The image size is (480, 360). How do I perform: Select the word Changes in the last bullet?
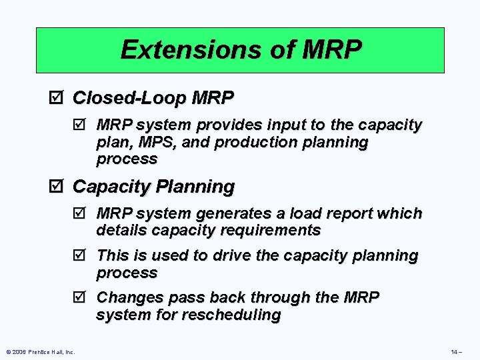click(x=125, y=297)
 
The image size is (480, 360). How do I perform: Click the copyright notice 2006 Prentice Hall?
click(x=40, y=351)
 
